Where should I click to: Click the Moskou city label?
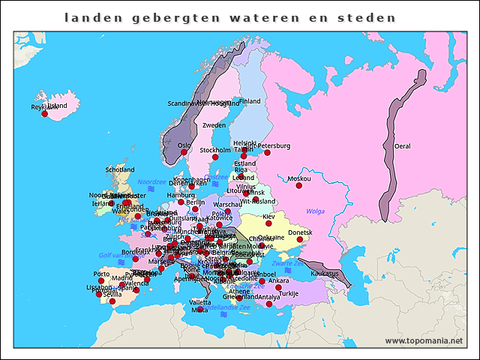[299, 178]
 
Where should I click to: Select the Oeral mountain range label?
[403, 146]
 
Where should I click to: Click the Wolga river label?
[316, 211]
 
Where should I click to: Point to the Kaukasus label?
[325, 274]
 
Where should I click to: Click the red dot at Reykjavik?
[44, 114]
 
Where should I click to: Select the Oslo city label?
[184, 145]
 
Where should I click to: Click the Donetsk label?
[301, 232]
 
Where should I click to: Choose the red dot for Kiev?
[268, 223]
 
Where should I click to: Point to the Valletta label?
[200, 302]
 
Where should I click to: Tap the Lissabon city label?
[98, 287]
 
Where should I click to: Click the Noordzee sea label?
[151, 181]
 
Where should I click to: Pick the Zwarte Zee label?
[288, 264]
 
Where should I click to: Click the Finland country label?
[249, 101]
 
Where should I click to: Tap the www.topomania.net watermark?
[424, 341]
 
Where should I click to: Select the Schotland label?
[120, 169]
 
